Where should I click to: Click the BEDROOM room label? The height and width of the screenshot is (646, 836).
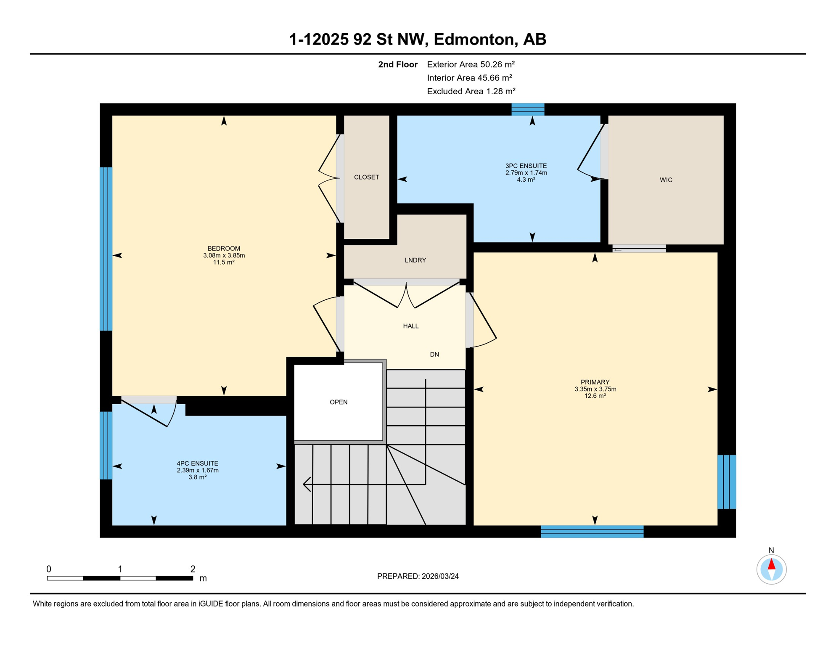pos(224,249)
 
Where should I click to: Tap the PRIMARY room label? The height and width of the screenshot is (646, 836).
pos(595,382)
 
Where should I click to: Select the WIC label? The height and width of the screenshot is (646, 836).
pos(666,180)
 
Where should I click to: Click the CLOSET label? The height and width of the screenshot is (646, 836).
pos(366,177)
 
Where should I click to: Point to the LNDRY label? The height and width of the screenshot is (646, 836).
pos(415,260)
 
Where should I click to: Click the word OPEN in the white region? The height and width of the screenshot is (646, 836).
pos(339,402)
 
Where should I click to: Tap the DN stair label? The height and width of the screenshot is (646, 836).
pos(434,355)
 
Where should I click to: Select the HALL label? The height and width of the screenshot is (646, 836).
pos(410,326)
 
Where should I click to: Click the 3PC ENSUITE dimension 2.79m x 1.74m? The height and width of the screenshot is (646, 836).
pos(526,173)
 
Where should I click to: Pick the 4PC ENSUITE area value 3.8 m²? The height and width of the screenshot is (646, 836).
pos(197,477)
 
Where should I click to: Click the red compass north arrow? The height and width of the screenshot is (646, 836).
pos(771,564)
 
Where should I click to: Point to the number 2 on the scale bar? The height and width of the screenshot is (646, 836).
pos(193,569)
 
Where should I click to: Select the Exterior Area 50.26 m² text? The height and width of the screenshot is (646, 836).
pos(471,64)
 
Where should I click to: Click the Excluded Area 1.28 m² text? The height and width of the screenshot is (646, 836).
pos(471,91)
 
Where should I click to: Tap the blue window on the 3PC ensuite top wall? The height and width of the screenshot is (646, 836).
pos(528,109)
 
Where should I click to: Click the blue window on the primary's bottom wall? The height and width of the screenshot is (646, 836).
pos(592,532)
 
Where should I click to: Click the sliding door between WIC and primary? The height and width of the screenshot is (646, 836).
pos(639,249)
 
